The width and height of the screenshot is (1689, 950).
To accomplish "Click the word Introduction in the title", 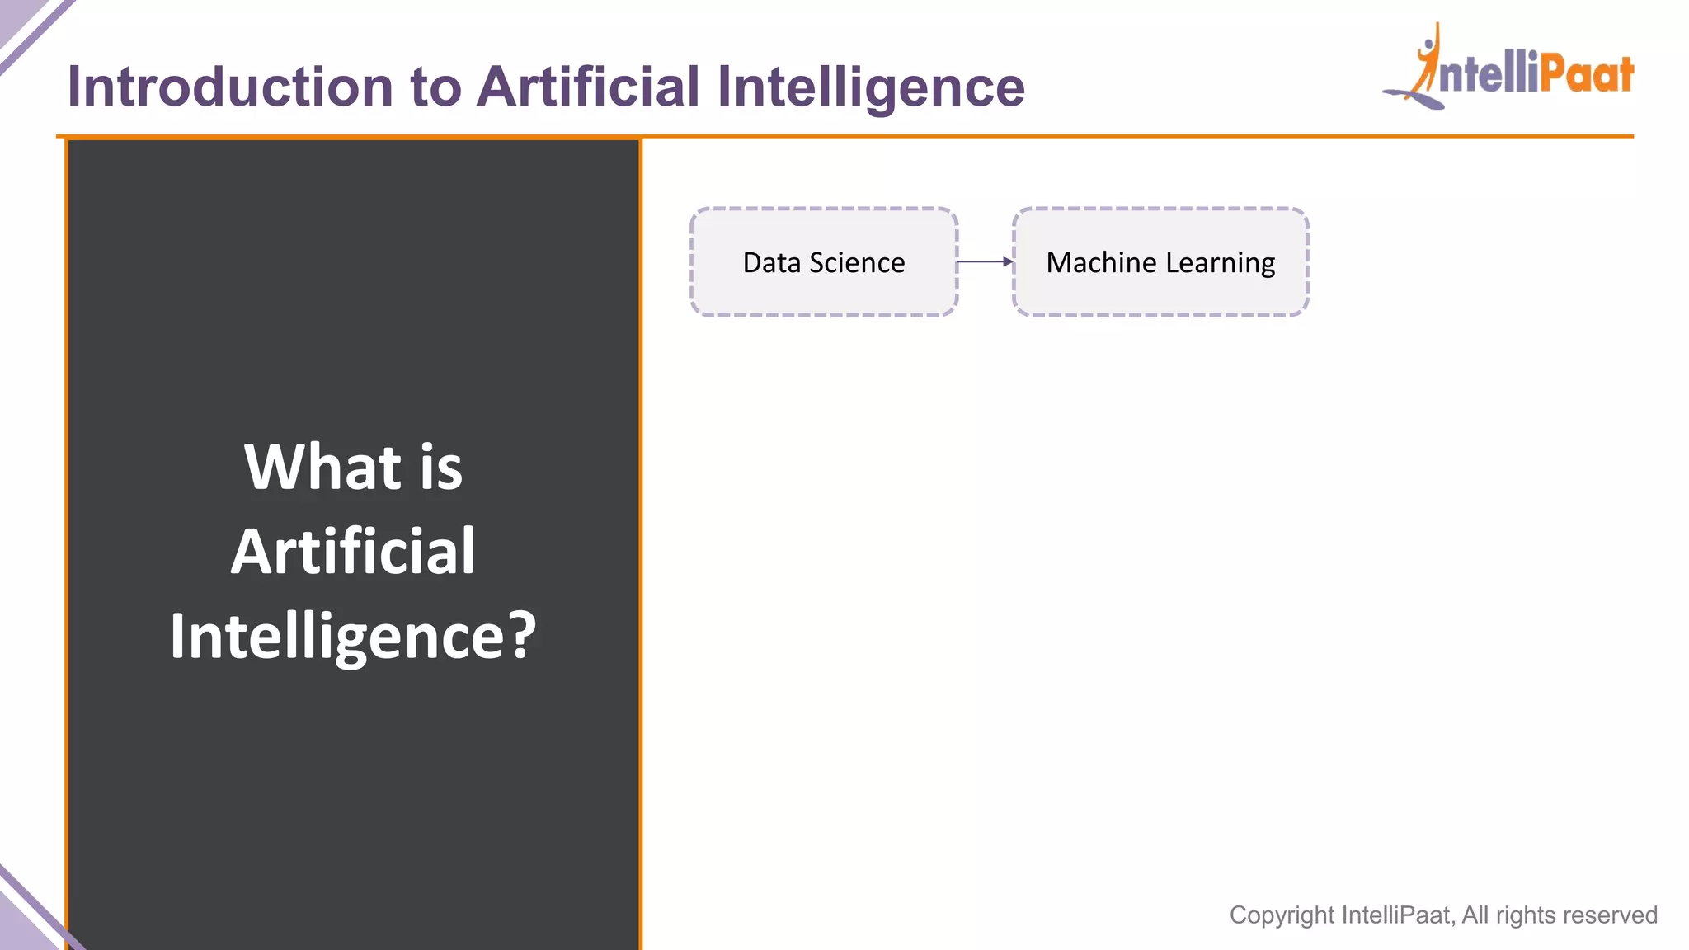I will click(x=230, y=87).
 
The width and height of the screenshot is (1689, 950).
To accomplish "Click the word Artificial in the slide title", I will click(x=589, y=87).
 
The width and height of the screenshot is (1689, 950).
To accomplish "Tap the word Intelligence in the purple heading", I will click(x=871, y=88).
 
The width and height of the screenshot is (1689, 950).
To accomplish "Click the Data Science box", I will click(x=823, y=262).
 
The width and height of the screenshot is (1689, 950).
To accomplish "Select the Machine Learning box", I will click(x=1160, y=262).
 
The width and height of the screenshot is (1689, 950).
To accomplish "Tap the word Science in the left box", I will click(x=857, y=262).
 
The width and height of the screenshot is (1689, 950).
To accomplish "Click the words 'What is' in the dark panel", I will click(x=353, y=467).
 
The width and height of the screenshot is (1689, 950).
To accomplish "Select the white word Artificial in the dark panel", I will click(x=353, y=551).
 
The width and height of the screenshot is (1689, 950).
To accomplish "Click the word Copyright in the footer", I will click(x=1282, y=915).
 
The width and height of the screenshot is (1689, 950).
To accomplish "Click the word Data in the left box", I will click(x=772, y=262).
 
